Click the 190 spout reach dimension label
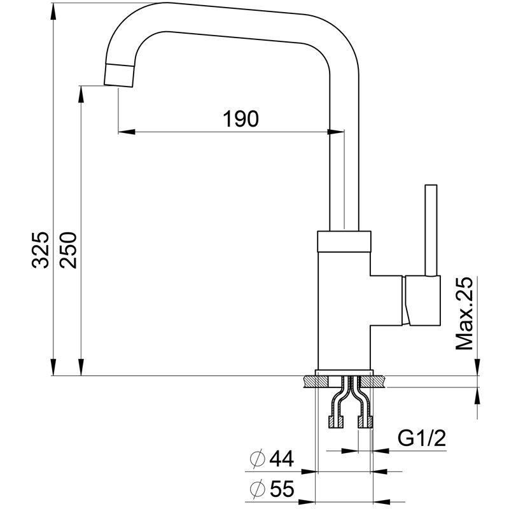click(241, 118)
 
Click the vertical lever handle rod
click(431, 230)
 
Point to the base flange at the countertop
click(344, 372)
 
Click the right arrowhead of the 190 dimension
click(335, 132)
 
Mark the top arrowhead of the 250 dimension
click(81, 93)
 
